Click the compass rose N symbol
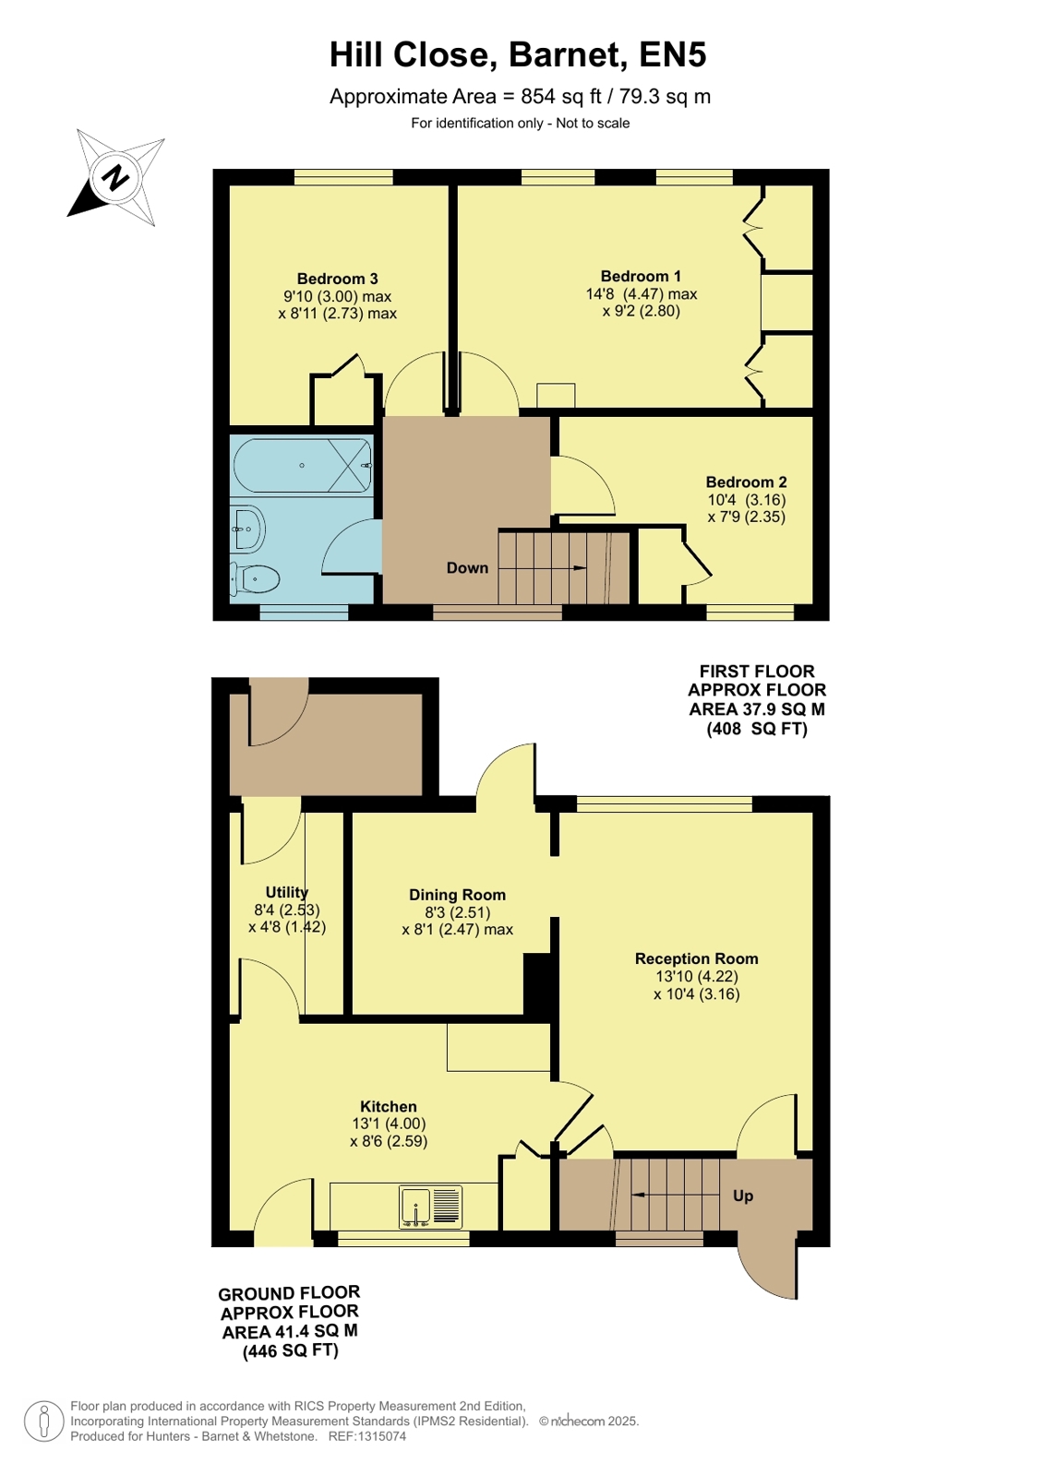point(116,178)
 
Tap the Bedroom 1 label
point(641,277)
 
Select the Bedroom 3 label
point(337,280)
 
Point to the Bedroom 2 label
point(746,482)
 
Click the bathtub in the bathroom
point(303,466)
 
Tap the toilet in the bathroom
point(255,580)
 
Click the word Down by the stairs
point(467,568)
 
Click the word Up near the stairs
point(743,1195)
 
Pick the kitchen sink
point(430,1207)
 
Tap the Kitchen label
point(389,1107)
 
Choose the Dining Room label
point(458,895)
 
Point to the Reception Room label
point(697,958)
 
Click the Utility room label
point(287,892)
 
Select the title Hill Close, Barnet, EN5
point(518,54)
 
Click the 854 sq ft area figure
point(561,97)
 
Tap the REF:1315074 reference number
point(367,1436)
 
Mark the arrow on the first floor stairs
point(570,568)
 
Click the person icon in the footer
point(44,1421)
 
